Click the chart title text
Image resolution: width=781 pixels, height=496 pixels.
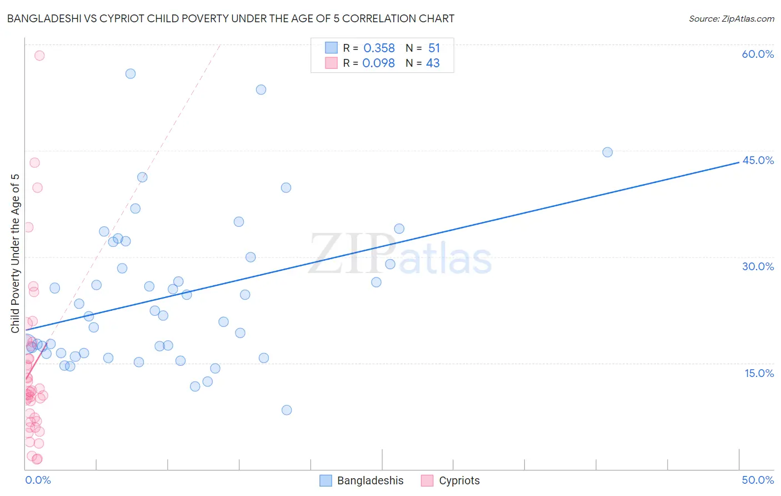(231, 18)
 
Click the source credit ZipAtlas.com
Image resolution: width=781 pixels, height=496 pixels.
(731, 18)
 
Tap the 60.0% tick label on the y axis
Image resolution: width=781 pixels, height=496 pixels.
(758, 54)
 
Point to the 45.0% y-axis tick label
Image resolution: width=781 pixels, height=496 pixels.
(758, 160)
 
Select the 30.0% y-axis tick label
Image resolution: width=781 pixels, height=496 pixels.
(758, 266)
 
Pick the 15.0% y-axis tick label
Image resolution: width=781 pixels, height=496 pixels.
(759, 373)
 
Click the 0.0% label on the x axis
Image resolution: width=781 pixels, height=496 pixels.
(38, 480)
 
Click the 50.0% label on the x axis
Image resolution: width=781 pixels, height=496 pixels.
(758, 480)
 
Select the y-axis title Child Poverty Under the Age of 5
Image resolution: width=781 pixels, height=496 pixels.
(15, 253)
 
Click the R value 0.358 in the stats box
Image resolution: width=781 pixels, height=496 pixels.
(379, 48)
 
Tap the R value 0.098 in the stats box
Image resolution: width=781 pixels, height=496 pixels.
(378, 63)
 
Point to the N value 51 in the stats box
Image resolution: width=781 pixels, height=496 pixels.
(434, 48)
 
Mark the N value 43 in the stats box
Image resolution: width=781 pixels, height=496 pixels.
(433, 63)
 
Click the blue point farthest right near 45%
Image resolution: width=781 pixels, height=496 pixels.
(607, 152)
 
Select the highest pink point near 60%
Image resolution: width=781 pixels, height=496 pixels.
(39, 56)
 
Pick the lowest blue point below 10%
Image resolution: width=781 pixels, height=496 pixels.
(287, 410)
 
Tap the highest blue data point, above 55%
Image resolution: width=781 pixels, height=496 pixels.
(131, 74)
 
